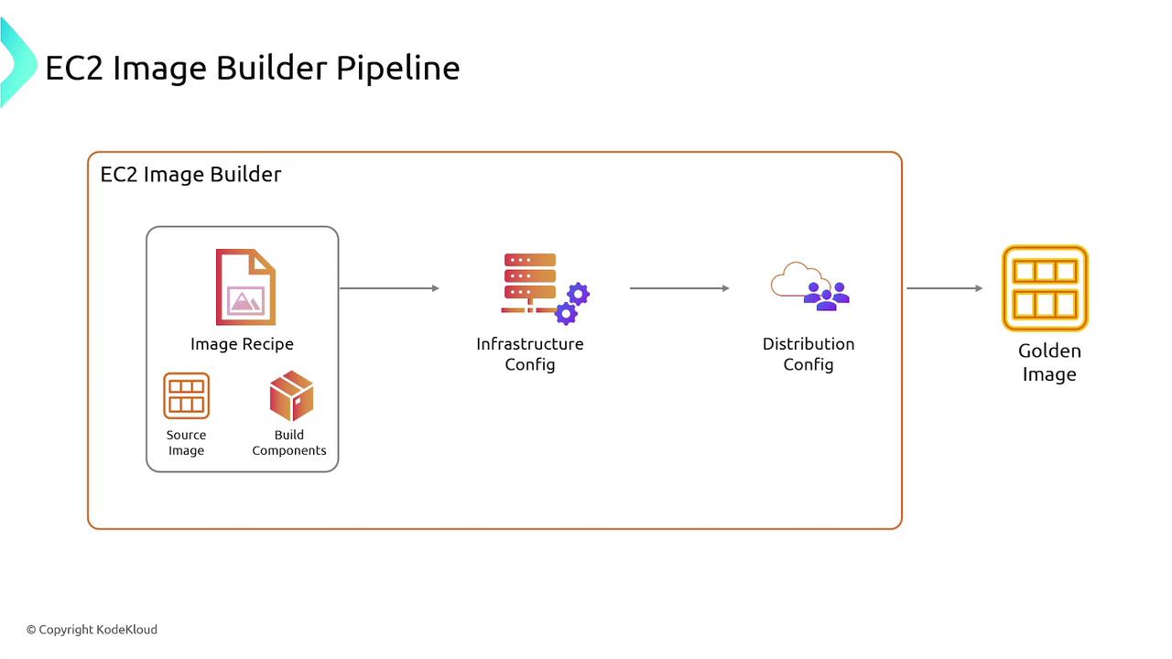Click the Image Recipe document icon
(x=245, y=287)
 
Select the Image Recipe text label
(x=242, y=344)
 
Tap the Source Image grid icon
(x=187, y=396)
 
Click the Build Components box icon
(x=291, y=396)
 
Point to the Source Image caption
(x=186, y=443)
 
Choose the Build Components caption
(x=289, y=443)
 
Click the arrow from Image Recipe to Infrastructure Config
(x=389, y=288)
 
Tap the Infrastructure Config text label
(x=529, y=354)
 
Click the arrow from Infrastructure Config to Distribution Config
(x=679, y=288)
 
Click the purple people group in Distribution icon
(x=827, y=296)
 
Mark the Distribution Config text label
(x=808, y=354)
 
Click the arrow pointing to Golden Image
(x=944, y=288)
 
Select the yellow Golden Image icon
(x=1045, y=287)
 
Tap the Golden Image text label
(x=1049, y=362)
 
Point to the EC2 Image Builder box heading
(x=190, y=174)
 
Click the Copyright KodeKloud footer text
(x=92, y=630)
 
